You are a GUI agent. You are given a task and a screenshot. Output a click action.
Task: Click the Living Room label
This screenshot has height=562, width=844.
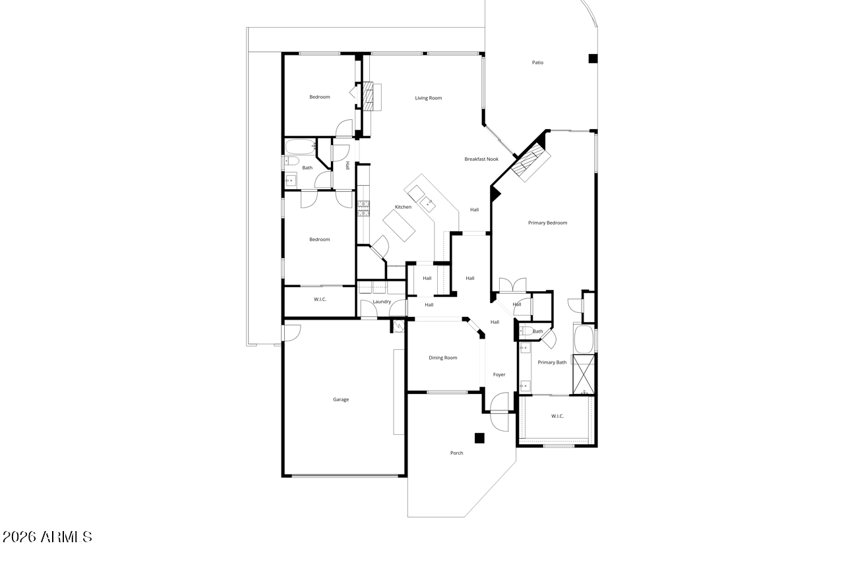point(429,98)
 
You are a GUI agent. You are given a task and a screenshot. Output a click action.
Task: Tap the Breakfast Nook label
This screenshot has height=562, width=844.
point(481,159)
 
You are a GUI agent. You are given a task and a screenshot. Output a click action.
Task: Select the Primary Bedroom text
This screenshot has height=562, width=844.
point(547,223)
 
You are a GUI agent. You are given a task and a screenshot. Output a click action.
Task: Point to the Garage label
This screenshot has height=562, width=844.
point(341,399)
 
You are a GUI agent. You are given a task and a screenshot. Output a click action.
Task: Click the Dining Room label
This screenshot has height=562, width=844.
point(442,358)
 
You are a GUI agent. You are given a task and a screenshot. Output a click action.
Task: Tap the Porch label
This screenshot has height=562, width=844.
point(457,453)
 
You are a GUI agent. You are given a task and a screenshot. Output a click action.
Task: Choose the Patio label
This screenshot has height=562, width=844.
point(537,63)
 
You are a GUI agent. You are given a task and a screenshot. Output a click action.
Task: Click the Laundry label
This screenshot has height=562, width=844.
point(382,302)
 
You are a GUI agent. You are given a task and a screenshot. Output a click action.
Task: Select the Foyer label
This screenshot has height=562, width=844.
point(499,374)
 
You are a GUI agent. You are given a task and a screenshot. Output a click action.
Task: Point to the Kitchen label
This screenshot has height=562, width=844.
point(403,207)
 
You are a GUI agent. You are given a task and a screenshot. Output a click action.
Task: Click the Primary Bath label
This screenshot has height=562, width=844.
point(552,362)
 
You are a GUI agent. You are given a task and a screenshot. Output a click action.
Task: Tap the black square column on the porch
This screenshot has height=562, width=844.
point(479,438)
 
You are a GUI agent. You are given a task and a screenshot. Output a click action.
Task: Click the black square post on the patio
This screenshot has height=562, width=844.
point(593,59)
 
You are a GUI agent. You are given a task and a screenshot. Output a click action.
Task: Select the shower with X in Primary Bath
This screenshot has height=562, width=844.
point(584,374)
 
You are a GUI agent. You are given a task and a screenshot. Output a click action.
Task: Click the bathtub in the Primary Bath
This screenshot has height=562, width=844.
point(584,339)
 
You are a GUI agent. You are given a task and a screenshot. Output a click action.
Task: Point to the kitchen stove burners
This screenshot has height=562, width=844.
point(363,209)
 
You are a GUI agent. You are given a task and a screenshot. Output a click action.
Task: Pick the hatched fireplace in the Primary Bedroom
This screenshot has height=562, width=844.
point(531,162)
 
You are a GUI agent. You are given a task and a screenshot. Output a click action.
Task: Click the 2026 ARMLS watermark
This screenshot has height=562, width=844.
point(47,537)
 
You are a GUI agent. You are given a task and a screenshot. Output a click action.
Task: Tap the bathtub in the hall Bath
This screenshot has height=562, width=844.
point(300,147)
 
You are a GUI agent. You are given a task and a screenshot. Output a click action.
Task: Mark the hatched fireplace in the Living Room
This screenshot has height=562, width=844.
point(368,97)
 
